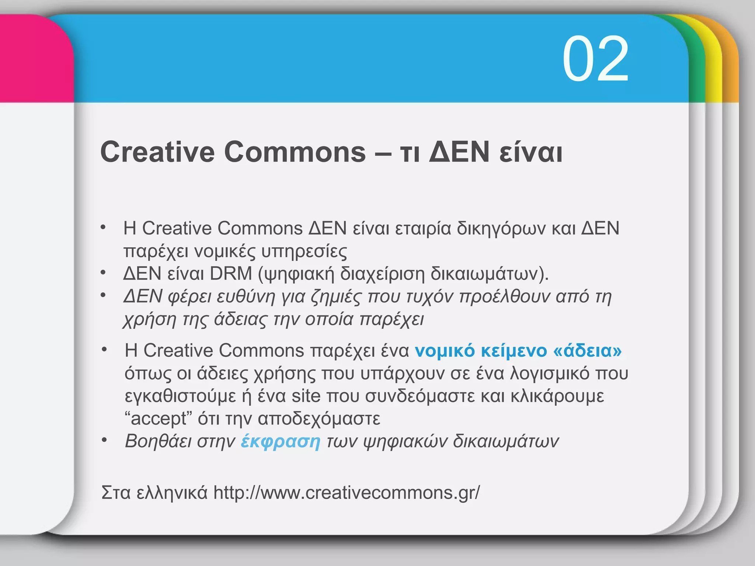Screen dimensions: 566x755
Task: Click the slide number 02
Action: tap(595, 59)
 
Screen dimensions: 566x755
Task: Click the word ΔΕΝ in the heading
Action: tap(459, 152)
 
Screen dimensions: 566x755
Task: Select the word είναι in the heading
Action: tap(531, 153)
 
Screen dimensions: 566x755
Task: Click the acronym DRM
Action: tap(231, 273)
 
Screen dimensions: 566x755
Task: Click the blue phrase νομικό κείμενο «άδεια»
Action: tap(518, 350)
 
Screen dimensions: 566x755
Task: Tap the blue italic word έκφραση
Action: tap(280, 441)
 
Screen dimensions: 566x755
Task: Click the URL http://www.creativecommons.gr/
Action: tap(347, 492)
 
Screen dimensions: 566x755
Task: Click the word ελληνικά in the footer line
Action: tap(171, 493)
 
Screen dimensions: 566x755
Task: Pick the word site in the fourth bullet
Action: tap(306, 396)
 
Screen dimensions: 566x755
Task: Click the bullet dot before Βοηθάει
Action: tap(105, 440)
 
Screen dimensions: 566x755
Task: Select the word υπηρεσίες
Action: tap(304, 252)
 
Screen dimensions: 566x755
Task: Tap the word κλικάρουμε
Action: tap(557, 396)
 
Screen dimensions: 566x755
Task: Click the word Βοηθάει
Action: tap(158, 441)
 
